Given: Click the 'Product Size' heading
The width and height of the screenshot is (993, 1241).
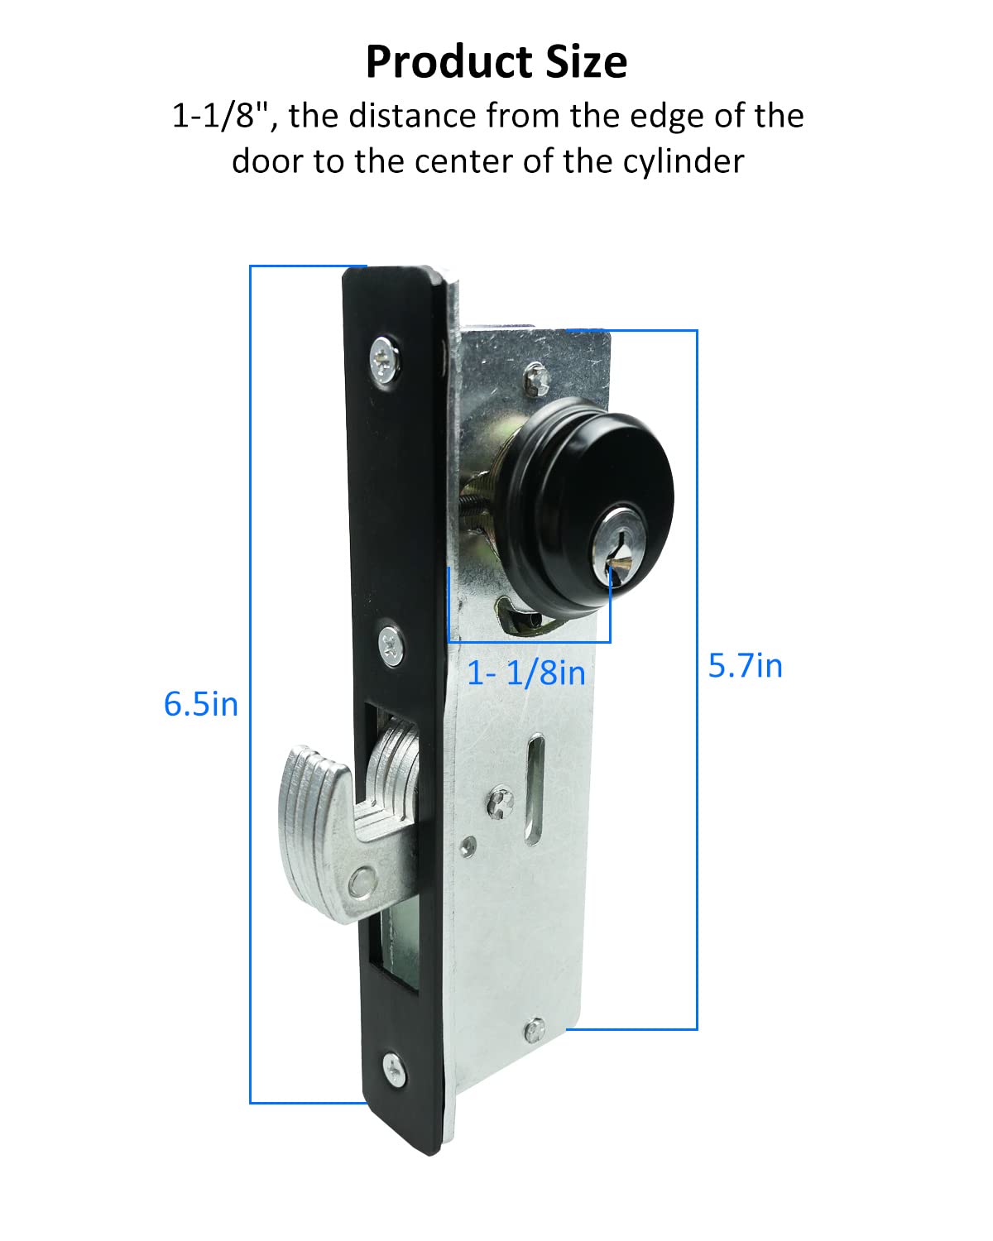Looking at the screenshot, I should pyautogui.click(x=496, y=62).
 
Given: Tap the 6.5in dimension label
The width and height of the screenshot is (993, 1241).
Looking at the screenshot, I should pyautogui.click(x=201, y=704).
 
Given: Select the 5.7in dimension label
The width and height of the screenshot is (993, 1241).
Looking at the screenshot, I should pyautogui.click(x=745, y=666).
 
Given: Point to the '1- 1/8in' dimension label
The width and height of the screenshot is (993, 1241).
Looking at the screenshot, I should pyautogui.click(x=526, y=673).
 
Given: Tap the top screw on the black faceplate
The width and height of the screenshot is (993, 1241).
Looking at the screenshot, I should pyautogui.click(x=386, y=357).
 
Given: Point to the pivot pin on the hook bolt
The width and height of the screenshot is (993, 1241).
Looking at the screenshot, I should pyautogui.click(x=362, y=882).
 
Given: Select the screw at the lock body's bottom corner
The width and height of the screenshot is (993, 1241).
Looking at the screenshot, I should pyautogui.click(x=535, y=1029).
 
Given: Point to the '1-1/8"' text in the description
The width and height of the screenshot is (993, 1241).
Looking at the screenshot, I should pyautogui.click(x=222, y=116).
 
